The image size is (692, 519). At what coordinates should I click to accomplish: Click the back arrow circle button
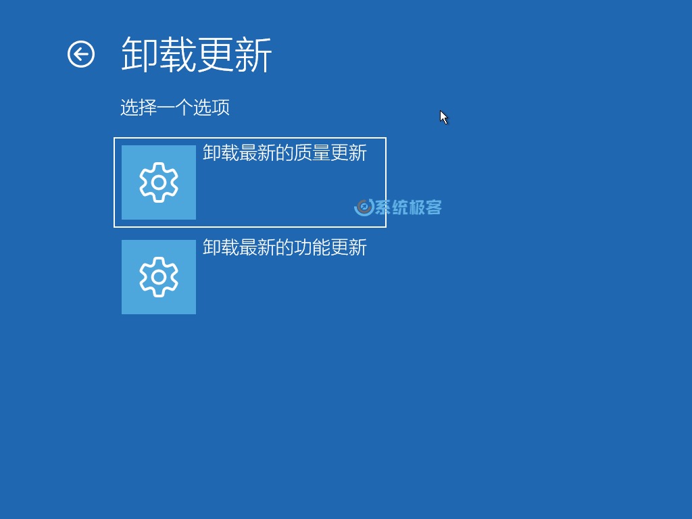coord(81,54)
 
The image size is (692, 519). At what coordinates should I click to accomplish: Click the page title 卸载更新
coord(197,54)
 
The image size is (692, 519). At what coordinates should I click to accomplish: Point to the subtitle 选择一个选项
coord(175,107)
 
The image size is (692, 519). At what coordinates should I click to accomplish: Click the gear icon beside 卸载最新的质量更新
coord(159,182)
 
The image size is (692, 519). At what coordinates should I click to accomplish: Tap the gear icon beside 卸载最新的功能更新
coord(159,277)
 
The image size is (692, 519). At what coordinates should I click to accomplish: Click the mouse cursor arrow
coord(443,117)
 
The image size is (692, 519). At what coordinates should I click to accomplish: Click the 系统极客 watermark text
coord(408,207)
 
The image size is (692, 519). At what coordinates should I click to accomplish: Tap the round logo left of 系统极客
coord(364,207)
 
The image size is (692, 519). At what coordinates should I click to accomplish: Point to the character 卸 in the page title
coord(140,54)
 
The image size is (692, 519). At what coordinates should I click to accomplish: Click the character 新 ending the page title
coord(253,54)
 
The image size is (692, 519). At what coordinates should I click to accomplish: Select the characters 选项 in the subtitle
coord(212,107)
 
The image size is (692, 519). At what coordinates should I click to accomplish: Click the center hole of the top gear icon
coord(159,182)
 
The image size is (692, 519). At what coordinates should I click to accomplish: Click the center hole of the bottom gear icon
coord(159,277)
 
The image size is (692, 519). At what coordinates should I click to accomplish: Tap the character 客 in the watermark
coord(433,207)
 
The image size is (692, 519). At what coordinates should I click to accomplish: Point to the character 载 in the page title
coord(178,54)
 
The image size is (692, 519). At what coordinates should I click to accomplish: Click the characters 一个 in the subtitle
coord(175,107)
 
